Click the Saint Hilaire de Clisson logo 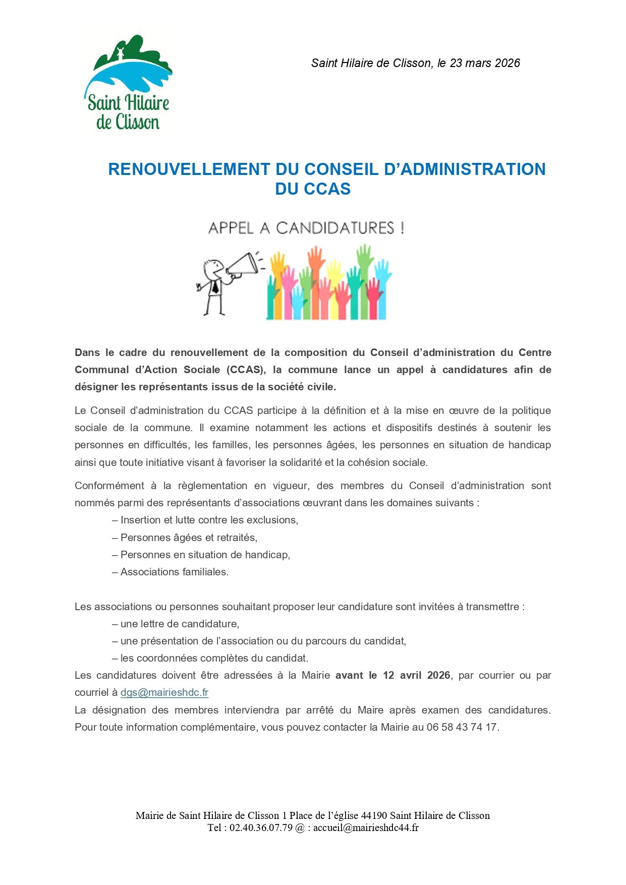tap(128, 83)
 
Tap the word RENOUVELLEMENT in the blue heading tap(189, 169)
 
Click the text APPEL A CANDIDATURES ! tap(306, 228)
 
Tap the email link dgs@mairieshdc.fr tap(164, 692)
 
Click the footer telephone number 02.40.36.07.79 tap(261, 828)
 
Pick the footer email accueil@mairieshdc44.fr tap(366, 828)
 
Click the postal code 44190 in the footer tap(374, 815)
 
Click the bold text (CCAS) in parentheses tap(246, 370)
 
